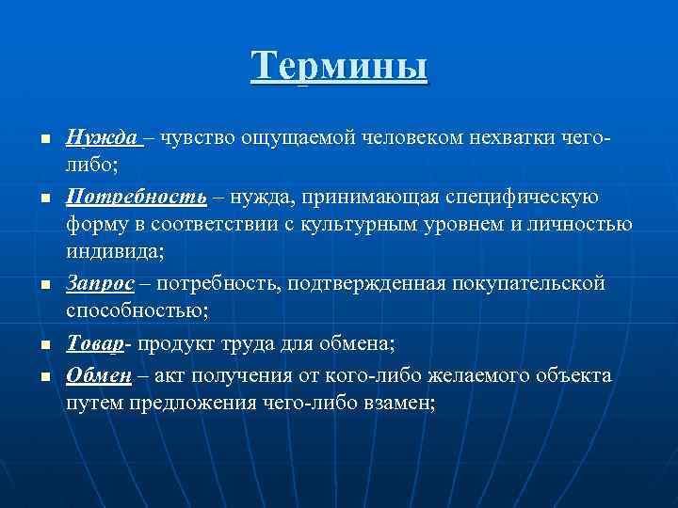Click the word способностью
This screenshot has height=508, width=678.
(x=132, y=312)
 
